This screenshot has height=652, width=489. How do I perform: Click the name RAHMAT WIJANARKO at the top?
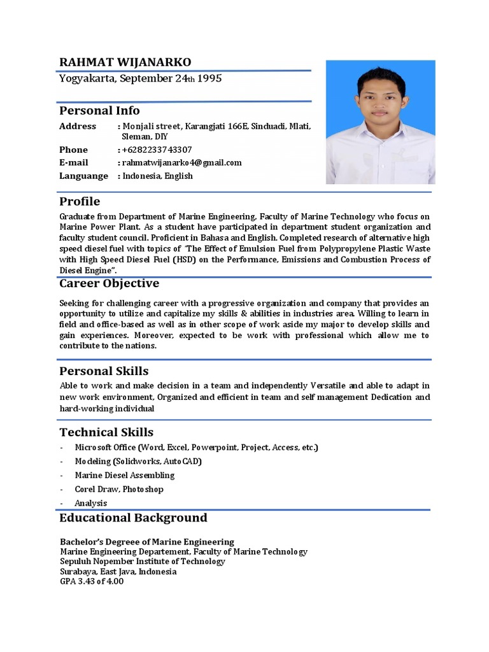pyautogui.click(x=125, y=62)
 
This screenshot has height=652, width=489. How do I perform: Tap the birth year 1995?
pyautogui.click(x=209, y=79)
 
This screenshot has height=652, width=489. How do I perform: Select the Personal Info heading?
pyautogui.click(x=99, y=110)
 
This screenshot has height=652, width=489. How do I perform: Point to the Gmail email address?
pyautogui.click(x=182, y=162)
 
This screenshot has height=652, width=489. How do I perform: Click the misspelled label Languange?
pyautogui.click(x=83, y=176)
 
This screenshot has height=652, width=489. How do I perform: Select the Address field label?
pyautogui.click(x=78, y=126)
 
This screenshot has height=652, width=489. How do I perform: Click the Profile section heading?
pyautogui.click(x=80, y=201)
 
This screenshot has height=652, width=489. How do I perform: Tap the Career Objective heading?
pyautogui.click(x=109, y=283)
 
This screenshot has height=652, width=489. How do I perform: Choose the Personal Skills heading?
pyautogui.click(x=104, y=371)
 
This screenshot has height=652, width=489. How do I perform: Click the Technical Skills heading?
pyautogui.click(x=106, y=432)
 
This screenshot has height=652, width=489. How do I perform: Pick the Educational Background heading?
pyautogui.click(x=133, y=517)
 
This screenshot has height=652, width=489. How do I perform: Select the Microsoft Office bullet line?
pyautogui.click(x=196, y=447)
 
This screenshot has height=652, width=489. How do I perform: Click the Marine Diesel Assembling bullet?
pyautogui.click(x=124, y=475)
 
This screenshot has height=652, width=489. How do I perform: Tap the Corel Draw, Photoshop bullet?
pyautogui.click(x=119, y=489)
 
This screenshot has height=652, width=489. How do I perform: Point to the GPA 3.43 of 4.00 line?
pyautogui.click(x=92, y=581)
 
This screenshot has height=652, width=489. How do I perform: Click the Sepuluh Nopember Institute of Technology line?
pyautogui.click(x=142, y=562)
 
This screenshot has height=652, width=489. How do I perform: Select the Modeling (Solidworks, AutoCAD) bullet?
pyautogui.click(x=138, y=461)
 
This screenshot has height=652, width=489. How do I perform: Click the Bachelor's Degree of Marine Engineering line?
pyautogui.click(x=146, y=542)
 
